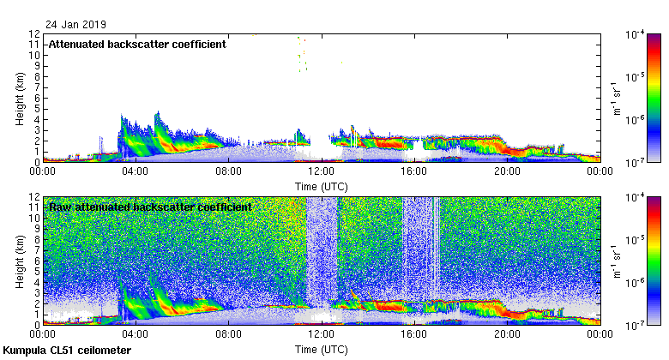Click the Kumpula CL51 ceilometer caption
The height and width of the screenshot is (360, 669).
click(x=67, y=351)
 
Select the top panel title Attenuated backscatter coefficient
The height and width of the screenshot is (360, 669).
click(x=137, y=44)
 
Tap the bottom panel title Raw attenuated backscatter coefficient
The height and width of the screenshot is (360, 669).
click(x=150, y=207)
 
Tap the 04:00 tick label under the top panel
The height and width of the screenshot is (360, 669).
click(x=136, y=171)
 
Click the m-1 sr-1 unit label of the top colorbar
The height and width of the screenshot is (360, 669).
click(x=617, y=97)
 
